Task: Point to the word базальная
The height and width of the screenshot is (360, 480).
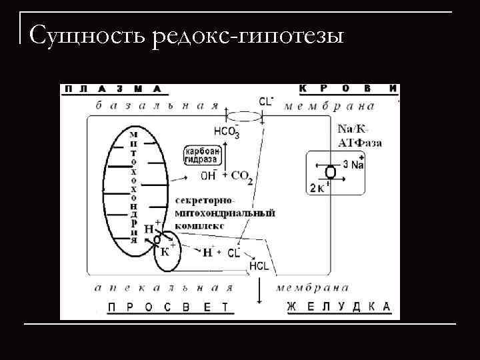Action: pos(157,105)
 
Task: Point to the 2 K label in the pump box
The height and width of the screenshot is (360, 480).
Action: pos(318,188)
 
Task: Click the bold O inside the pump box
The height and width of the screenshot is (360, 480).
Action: pos(330,173)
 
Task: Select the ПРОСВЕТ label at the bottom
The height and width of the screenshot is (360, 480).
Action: pos(167,307)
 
